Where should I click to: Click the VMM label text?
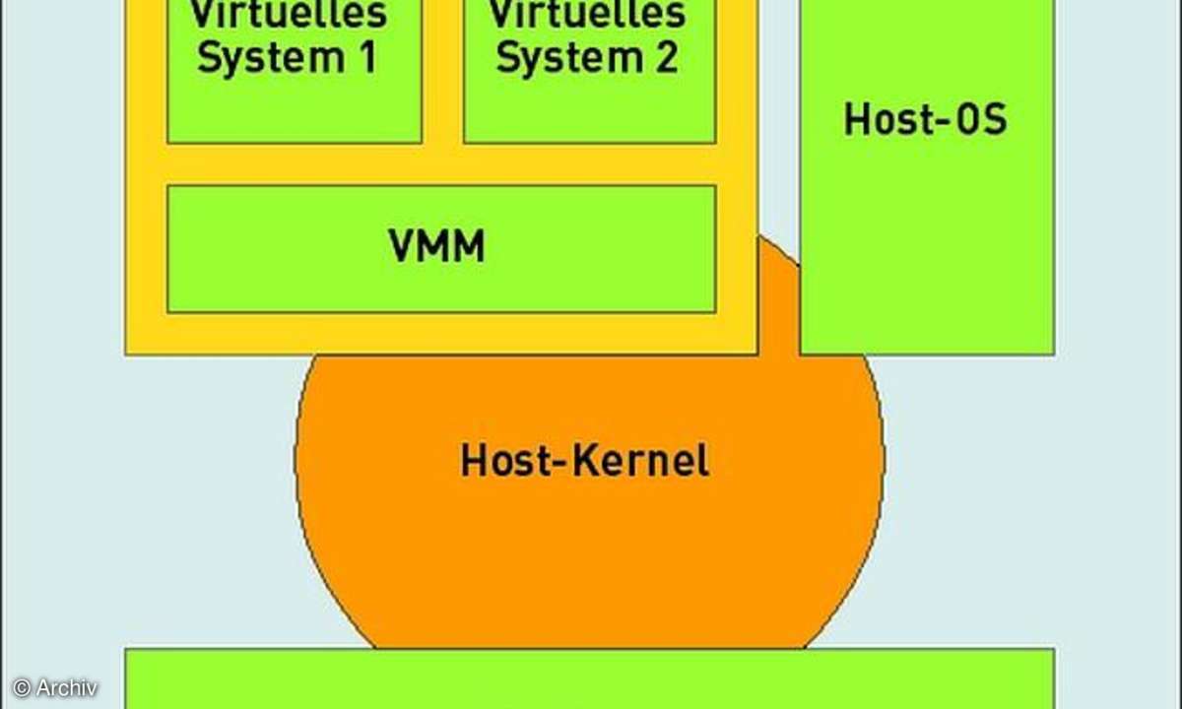pos(436,247)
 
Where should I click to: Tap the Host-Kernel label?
pos(584,461)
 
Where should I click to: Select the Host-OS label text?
pos(925,120)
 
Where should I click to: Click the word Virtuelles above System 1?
pos(289,15)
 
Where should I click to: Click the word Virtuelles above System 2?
pos(587,15)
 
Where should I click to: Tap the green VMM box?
pos(295,286)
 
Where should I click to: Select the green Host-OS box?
pos(926,246)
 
